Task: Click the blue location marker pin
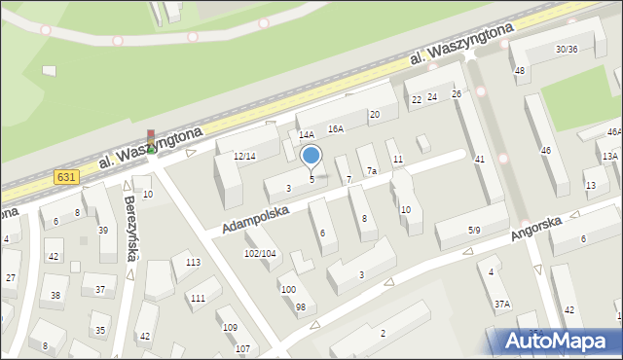tap(311, 156)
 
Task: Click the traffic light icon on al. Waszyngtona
tap(150, 141)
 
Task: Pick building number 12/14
tap(244, 156)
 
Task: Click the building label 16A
tap(336, 128)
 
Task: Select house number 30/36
tap(567, 50)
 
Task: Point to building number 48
tap(520, 70)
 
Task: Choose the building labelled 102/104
tap(259, 253)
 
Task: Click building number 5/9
tap(474, 230)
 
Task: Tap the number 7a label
tap(372, 171)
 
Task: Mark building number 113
tap(193, 263)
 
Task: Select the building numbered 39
tap(102, 230)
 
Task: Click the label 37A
tap(501, 304)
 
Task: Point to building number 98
tap(300, 307)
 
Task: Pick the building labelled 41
tap(479, 159)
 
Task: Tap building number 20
tap(374, 115)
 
